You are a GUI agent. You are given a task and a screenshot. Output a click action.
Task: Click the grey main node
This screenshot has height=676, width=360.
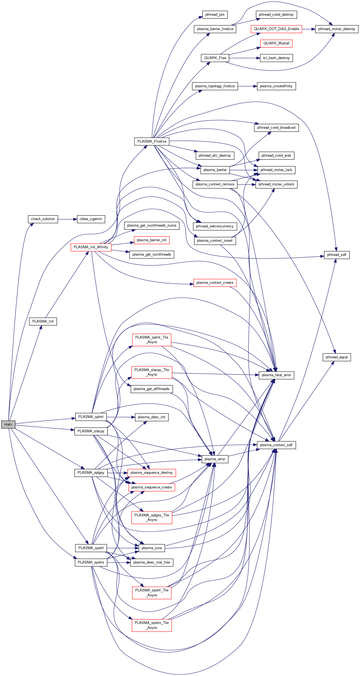tap(8, 424)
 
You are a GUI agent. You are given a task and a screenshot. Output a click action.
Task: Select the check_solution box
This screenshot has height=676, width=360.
tap(43, 219)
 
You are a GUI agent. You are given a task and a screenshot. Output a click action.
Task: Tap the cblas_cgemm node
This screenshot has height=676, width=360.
tap(91, 219)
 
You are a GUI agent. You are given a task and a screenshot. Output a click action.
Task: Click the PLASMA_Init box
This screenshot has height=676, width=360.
tap(43, 321)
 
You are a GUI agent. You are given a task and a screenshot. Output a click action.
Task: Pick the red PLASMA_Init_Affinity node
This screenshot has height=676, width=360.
tap(91, 247)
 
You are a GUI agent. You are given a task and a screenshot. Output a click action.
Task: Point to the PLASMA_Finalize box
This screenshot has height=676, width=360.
tap(152, 141)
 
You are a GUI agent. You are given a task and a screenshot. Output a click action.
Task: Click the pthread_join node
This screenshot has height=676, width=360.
tap(215, 15)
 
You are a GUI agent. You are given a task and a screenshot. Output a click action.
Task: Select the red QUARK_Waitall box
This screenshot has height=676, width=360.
tap(276, 43)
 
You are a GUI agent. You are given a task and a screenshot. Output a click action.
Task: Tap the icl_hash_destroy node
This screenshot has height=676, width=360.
tap(276, 58)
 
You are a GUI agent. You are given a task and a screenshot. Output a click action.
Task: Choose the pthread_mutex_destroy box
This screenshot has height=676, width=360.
tap(336, 29)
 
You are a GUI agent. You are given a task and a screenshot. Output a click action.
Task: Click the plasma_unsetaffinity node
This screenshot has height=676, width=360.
tap(276, 86)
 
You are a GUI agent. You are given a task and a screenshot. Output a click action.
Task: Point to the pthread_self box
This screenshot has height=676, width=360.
tap(337, 255)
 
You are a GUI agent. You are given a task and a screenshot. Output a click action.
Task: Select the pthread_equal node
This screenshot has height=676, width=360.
tap(337, 357)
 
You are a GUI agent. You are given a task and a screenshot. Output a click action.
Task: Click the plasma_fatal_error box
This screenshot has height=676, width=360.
tap(276, 375)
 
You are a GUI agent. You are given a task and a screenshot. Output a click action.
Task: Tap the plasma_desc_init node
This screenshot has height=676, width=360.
tap(152, 417)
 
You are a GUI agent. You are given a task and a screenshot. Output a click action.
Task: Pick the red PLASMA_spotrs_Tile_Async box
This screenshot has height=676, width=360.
tap(152, 625)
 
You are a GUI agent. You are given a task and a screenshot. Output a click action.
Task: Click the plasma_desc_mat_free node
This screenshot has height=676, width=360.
tap(152, 562)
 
